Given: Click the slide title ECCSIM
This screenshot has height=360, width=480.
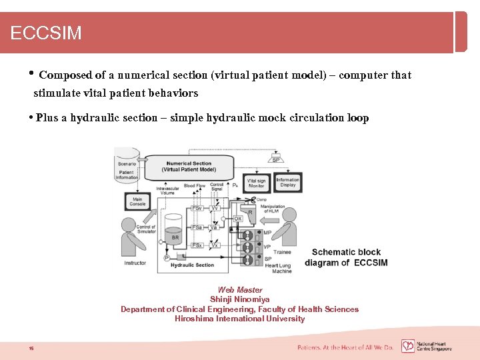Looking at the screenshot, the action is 46,33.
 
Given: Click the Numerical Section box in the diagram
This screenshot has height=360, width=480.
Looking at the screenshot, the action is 189,167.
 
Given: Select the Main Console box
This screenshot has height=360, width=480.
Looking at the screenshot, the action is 137,201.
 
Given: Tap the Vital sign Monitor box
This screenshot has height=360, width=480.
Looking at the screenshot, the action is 256,183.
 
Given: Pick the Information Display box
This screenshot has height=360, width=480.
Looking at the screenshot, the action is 287,182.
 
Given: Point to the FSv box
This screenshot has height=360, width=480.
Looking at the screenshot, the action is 197,208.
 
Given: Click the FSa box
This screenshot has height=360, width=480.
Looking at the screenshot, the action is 197,227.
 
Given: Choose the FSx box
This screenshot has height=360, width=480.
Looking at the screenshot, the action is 197,245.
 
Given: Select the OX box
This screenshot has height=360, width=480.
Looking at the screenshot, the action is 237,218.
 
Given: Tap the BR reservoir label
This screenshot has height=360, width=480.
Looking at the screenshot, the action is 175,237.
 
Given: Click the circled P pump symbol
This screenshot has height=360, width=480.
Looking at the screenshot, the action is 167,257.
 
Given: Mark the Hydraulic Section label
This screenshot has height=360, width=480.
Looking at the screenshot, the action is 192,265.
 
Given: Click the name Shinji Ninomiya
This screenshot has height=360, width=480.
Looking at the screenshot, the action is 239,299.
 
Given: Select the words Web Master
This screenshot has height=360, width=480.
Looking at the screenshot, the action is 239,290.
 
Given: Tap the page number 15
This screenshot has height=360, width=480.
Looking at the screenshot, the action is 31,348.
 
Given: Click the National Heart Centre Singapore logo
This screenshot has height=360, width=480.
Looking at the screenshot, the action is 427,347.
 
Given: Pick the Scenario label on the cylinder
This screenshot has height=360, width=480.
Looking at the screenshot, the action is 127,163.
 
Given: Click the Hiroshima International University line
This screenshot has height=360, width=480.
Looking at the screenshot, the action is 239,319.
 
